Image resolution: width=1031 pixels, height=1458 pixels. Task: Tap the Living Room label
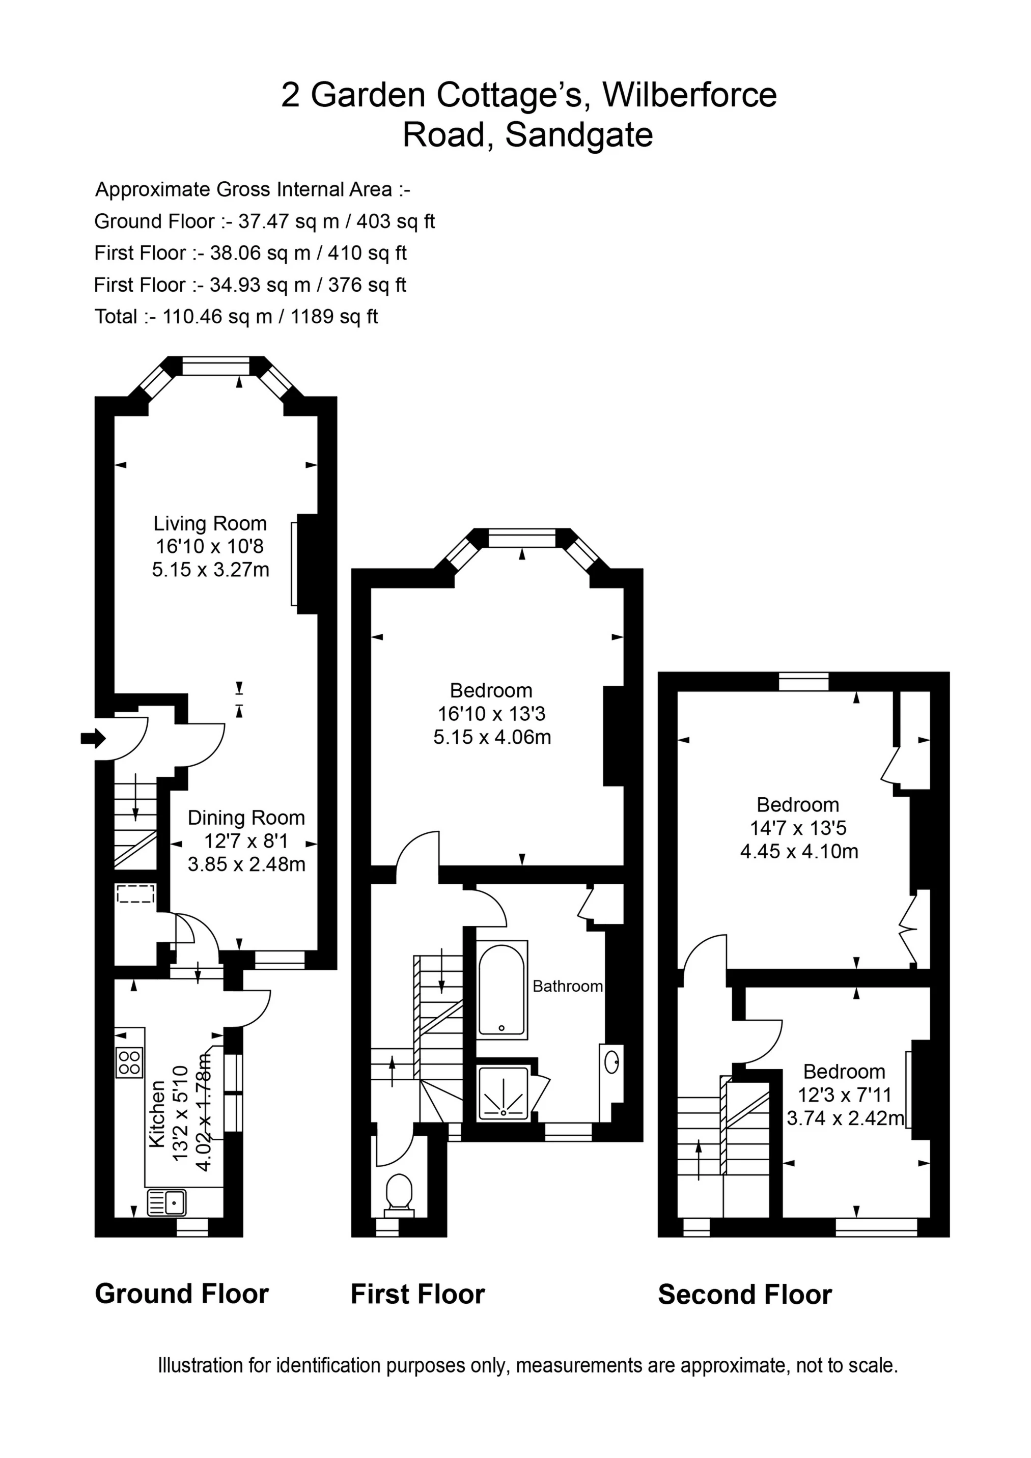(210, 523)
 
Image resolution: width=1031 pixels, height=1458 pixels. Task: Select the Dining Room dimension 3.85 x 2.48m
(246, 864)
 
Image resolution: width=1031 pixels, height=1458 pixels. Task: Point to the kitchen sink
(166, 1202)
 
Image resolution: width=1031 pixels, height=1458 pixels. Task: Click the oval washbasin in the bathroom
(612, 1062)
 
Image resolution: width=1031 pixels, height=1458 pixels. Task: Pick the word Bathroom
(567, 986)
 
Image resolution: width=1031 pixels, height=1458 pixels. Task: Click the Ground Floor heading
(182, 1294)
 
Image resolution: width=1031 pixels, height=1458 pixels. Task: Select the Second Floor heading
(744, 1295)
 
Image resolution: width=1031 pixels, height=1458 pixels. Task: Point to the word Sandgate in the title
(579, 134)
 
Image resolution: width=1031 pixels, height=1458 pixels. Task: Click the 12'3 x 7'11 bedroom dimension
(845, 1095)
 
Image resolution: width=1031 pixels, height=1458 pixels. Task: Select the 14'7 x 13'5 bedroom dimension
(798, 828)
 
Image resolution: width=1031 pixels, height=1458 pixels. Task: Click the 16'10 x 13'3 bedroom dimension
(491, 714)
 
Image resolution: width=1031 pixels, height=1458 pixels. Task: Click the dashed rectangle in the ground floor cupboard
(136, 893)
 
